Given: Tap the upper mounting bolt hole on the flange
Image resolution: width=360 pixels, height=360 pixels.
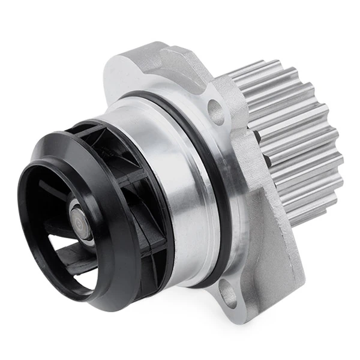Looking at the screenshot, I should pyautogui.click(x=215, y=111).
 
